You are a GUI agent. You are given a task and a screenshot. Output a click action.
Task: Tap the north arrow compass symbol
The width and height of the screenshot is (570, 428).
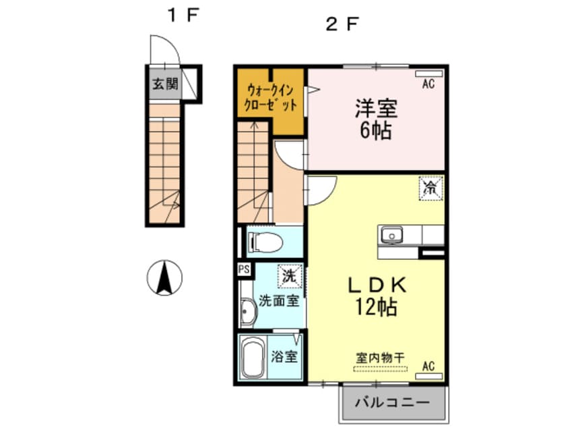click(x=164, y=277)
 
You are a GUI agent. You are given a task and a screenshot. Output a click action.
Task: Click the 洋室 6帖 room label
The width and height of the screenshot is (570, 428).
click(x=376, y=118)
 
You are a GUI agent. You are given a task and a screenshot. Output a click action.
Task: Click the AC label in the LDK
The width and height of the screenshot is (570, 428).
click(x=429, y=367)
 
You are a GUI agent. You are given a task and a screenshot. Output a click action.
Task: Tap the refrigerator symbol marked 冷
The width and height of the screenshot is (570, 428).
click(x=429, y=188)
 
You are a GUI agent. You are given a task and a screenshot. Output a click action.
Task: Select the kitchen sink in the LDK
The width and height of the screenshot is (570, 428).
click(x=390, y=235)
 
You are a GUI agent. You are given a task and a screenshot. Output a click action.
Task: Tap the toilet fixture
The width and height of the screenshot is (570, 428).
click(x=259, y=242)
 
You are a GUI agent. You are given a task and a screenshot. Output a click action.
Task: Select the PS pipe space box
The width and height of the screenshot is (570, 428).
click(x=243, y=268)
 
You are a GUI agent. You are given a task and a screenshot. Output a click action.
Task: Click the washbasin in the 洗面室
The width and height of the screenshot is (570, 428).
click(x=247, y=312)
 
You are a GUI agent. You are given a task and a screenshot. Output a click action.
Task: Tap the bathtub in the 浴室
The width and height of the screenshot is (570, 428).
click(x=254, y=358)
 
